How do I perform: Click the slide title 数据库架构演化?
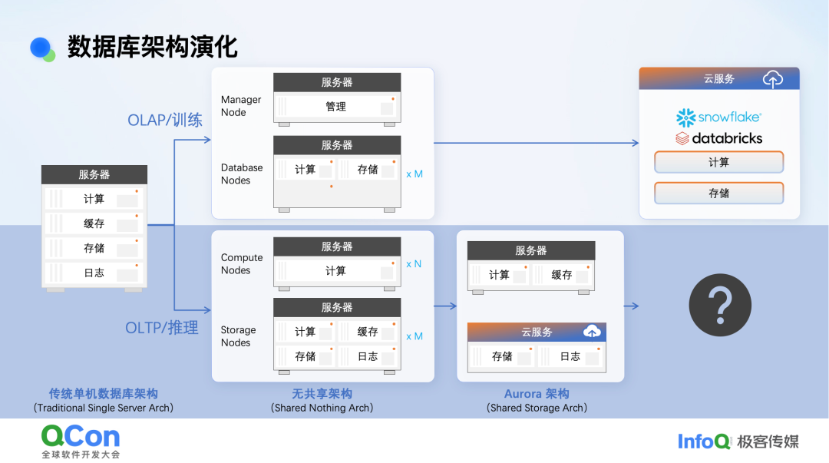152,47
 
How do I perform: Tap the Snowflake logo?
718,117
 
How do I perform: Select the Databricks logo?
718,139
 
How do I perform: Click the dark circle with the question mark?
719,306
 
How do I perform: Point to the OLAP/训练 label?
165,121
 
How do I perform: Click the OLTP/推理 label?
162,328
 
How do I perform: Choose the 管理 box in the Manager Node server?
336,107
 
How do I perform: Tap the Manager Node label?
241,106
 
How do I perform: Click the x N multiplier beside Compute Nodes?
414,264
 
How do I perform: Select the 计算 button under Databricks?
718,163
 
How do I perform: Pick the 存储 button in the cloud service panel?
718,193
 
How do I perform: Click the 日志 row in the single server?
94,273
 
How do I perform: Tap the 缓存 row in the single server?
94,223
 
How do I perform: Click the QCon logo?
81,438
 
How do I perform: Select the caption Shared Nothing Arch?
322,408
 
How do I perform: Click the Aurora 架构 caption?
537,394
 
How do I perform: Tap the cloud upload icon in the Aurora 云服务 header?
592,332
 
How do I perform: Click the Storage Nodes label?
239,336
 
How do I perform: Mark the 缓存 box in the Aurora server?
563,275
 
